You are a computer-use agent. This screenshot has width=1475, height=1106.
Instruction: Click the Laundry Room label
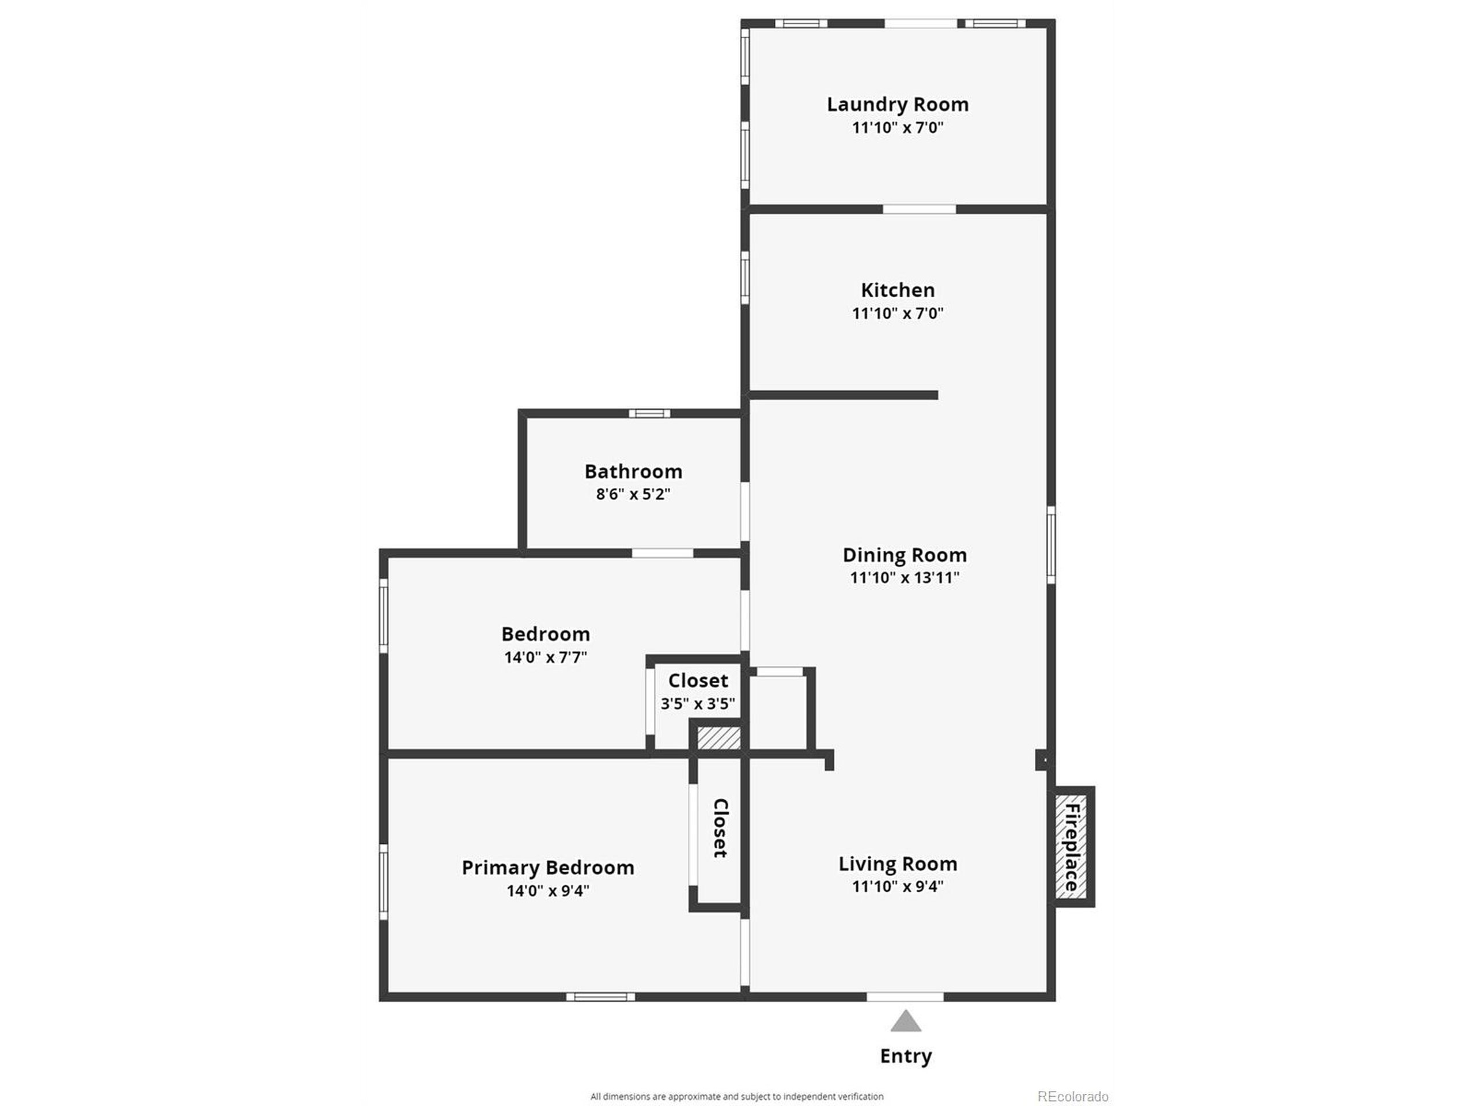[x=898, y=105]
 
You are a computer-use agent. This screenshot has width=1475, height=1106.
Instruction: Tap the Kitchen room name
[x=898, y=290]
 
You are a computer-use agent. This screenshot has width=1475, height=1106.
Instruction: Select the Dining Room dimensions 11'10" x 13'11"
[x=904, y=577]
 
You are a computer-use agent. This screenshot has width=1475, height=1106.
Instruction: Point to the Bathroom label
[x=633, y=471]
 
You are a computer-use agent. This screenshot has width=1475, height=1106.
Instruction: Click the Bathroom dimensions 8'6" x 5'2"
[x=633, y=494]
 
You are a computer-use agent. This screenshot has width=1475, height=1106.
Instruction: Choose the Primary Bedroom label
[x=547, y=868]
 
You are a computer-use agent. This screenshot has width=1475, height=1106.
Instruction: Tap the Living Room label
[x=898, y=864]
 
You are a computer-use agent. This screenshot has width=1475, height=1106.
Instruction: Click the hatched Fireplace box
[x=1071, y=847]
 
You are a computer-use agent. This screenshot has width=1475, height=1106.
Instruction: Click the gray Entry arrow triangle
[x=906, y=1021]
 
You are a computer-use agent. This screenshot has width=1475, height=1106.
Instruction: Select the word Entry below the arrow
[x=906, y=1056]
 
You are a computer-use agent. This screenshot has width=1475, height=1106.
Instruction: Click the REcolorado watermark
[x=1072, y=1097]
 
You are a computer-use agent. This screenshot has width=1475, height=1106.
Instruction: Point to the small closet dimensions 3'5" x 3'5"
[x=698, y=703]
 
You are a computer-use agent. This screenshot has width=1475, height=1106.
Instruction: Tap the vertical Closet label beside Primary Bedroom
[x=720, y=827]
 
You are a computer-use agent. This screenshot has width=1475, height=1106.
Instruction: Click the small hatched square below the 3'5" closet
[x=718, y=738]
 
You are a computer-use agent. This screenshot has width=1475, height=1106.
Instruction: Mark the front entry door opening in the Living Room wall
[x=905, y=997]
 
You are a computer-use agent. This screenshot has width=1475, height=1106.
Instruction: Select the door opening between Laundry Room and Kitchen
[x=919, y=209]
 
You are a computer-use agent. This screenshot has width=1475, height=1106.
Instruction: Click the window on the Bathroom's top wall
[x=649, y=414]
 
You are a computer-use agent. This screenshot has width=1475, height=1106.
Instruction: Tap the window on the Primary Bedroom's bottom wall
[x=600, y=997]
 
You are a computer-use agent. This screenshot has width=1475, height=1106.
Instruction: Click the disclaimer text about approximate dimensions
[x=736, y=1097]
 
